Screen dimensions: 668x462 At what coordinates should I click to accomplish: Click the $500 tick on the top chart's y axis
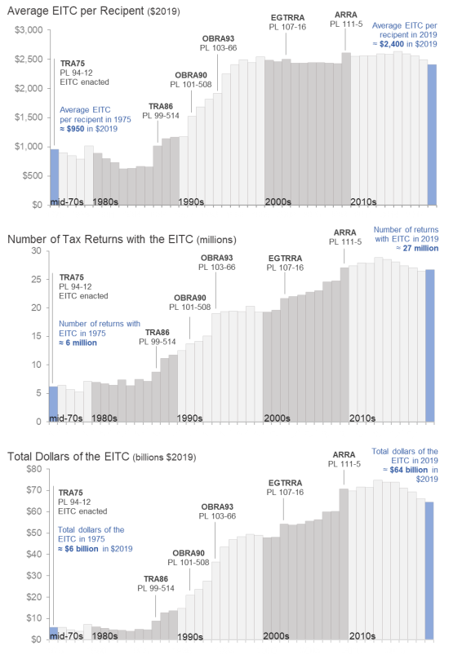(x=31, y=175)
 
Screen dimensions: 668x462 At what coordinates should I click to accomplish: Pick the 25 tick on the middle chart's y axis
(x=37, y=279)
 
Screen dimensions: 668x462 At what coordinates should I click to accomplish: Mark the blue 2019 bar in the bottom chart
(x=430, y=570)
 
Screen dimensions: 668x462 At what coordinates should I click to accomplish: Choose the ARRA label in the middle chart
(x=344, y=231)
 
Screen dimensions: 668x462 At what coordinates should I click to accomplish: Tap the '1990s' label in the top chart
(x=190, y=201)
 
